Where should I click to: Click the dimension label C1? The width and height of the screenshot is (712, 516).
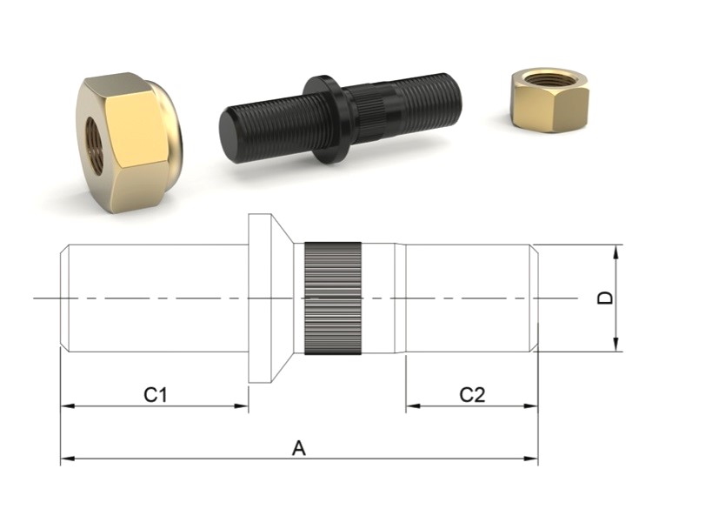click(156, 395)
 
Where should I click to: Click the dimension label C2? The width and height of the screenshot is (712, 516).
click(472, 395)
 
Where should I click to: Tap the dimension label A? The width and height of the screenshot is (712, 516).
click(299, 448)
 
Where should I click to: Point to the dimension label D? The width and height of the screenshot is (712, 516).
click(605, 298)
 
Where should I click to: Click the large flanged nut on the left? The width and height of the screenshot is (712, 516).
click(129, 143)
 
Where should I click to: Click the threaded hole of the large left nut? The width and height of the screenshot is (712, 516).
click(94, 146)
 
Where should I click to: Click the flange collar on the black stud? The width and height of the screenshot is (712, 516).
click(326, 119)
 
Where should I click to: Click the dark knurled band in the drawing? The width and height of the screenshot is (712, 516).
click(333, 298)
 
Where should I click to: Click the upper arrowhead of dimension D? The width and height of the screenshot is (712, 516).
click(616, 251)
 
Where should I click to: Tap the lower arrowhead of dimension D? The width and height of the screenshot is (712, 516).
click(616, 345)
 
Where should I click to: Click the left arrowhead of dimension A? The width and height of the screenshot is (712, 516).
click(68, 459)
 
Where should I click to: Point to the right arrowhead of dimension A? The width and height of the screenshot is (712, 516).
click(531, 459)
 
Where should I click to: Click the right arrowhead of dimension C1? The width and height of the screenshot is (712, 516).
click(241, 405)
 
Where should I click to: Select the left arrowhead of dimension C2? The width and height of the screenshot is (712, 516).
click(413, 405)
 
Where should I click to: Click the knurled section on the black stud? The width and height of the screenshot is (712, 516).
click(369, 115)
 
